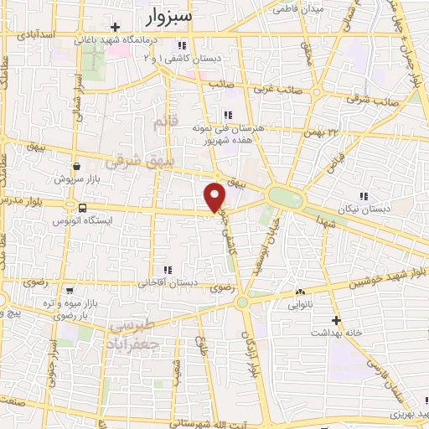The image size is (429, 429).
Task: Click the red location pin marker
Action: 215,197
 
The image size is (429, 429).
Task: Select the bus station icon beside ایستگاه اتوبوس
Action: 82,208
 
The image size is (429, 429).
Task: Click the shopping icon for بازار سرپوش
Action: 76,166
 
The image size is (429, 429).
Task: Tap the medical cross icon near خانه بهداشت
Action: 337,320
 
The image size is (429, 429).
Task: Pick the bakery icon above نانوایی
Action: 300,292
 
